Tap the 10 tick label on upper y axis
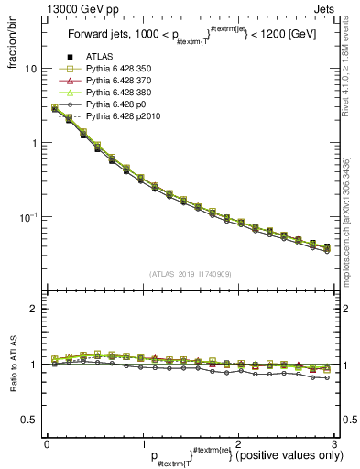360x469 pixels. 30,70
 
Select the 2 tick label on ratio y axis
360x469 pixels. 33,310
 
